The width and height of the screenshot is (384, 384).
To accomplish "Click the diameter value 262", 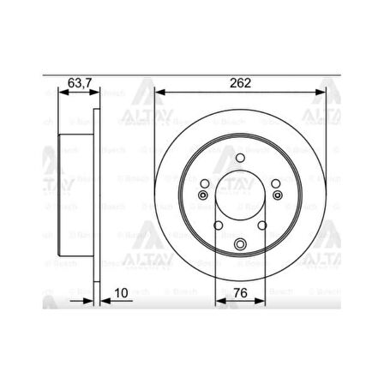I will tap(240, 83).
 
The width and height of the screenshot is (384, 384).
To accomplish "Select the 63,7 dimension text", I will tap(78, 83).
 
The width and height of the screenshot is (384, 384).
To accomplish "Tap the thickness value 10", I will tap(125, 292).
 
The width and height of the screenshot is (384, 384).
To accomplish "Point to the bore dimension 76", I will tap(243, 292).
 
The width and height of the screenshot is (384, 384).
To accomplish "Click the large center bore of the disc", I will tap(240, 201).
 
